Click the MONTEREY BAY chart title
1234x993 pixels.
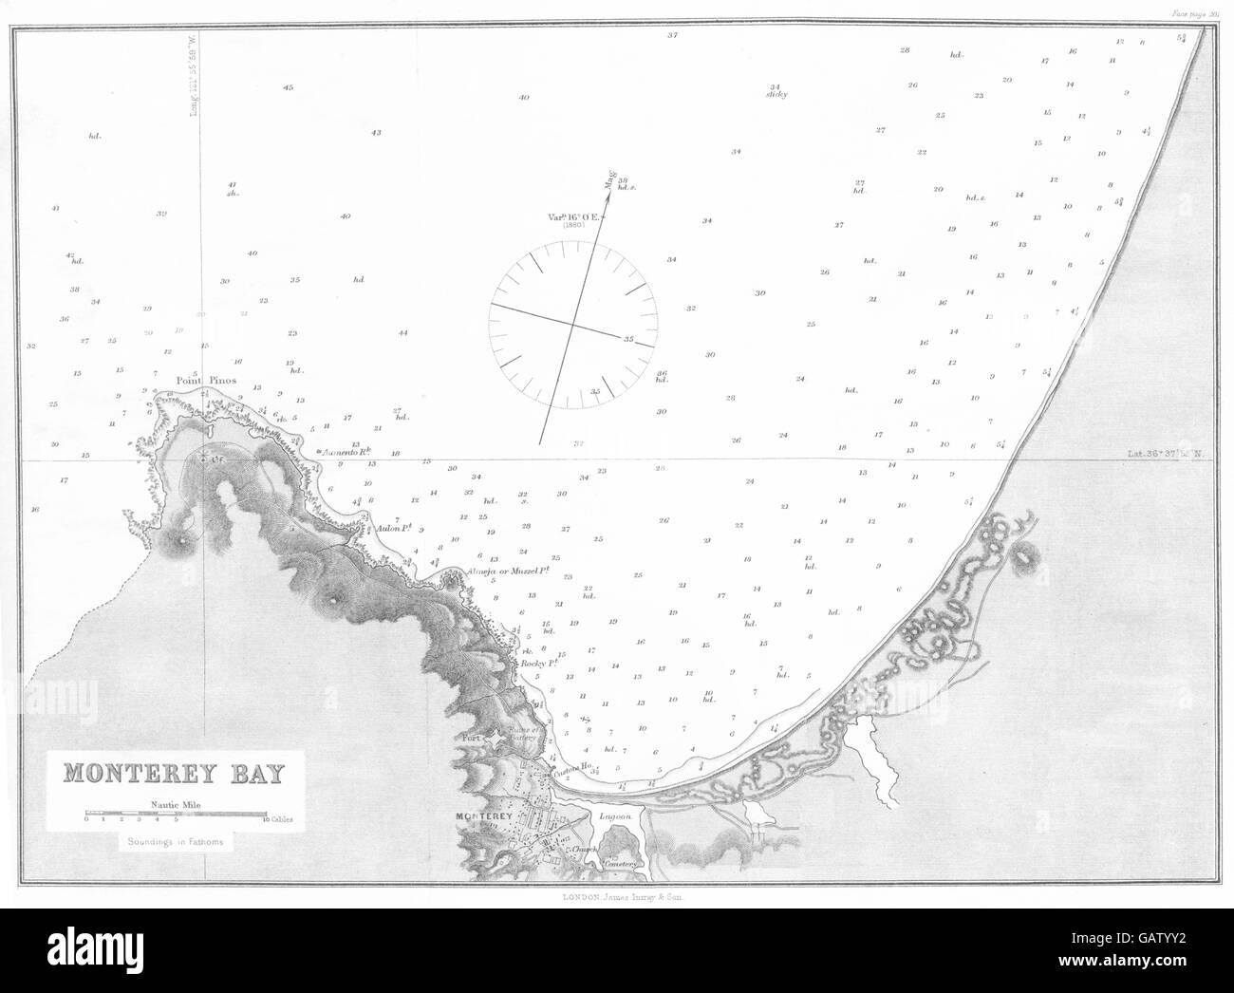[174, 773]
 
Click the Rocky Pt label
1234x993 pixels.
[537, 665]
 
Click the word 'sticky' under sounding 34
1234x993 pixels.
[776, 95]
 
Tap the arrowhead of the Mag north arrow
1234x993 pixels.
[608, 175]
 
